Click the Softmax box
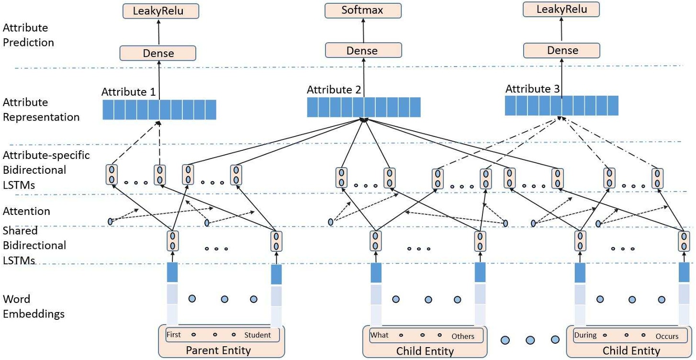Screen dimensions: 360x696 point(362,10)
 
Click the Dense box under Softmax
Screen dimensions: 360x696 point(362,50)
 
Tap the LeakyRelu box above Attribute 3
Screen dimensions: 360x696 point(561,10)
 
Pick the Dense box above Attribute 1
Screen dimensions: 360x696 point(158,53)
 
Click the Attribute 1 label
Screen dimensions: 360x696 point(128,92)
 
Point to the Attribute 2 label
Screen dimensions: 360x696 point(334,90)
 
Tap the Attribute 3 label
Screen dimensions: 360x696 point(532,89)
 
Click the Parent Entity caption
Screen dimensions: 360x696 point(211,350)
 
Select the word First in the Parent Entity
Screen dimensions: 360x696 point(173,335)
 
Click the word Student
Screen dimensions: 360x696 point(257,335)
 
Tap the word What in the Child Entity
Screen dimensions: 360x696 point(379,335)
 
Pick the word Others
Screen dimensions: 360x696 point(462,336)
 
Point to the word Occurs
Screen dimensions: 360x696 point(667,336)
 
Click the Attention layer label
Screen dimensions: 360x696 point(26,211)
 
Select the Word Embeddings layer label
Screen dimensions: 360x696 point(34,306)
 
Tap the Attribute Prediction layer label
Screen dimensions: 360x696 point(28,35)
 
